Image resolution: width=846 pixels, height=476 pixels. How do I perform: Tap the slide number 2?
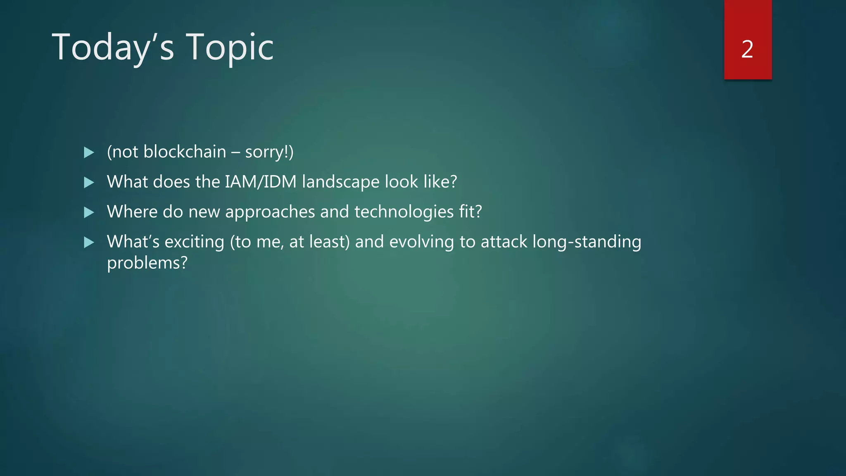747,49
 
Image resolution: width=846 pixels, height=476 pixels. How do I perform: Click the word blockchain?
185,152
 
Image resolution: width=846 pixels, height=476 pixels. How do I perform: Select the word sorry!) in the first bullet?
269,152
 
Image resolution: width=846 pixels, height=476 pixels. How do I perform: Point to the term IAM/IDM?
261,182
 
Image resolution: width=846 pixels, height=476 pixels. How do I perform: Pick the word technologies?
404,212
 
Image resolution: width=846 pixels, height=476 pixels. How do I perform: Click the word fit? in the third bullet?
471,212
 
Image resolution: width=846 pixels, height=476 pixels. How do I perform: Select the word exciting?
194,242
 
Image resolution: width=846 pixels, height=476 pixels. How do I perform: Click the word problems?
147,263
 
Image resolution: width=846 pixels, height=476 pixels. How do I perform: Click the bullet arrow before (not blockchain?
89,152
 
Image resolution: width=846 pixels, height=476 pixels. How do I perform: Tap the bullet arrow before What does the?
89,182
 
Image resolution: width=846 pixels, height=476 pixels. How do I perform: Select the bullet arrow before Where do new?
89,212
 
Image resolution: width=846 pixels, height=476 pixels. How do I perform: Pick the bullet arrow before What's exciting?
89,242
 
